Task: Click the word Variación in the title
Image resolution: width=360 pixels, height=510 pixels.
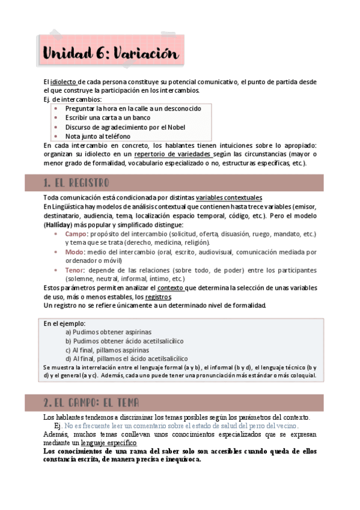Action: [x=144, y=54]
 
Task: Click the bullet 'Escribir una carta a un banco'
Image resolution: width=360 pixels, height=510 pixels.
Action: [x=108, y=118]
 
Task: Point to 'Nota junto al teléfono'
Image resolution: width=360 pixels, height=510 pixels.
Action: [x=97, y=137]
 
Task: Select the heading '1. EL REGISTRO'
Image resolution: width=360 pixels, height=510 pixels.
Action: [x=76, y=182]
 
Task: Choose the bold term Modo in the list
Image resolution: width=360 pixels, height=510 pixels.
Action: [x=75, y=251]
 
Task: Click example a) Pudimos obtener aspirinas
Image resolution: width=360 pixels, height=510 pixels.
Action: [x=108, y=332]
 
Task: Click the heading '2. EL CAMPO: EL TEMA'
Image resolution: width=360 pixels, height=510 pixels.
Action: [x=91, y=402]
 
